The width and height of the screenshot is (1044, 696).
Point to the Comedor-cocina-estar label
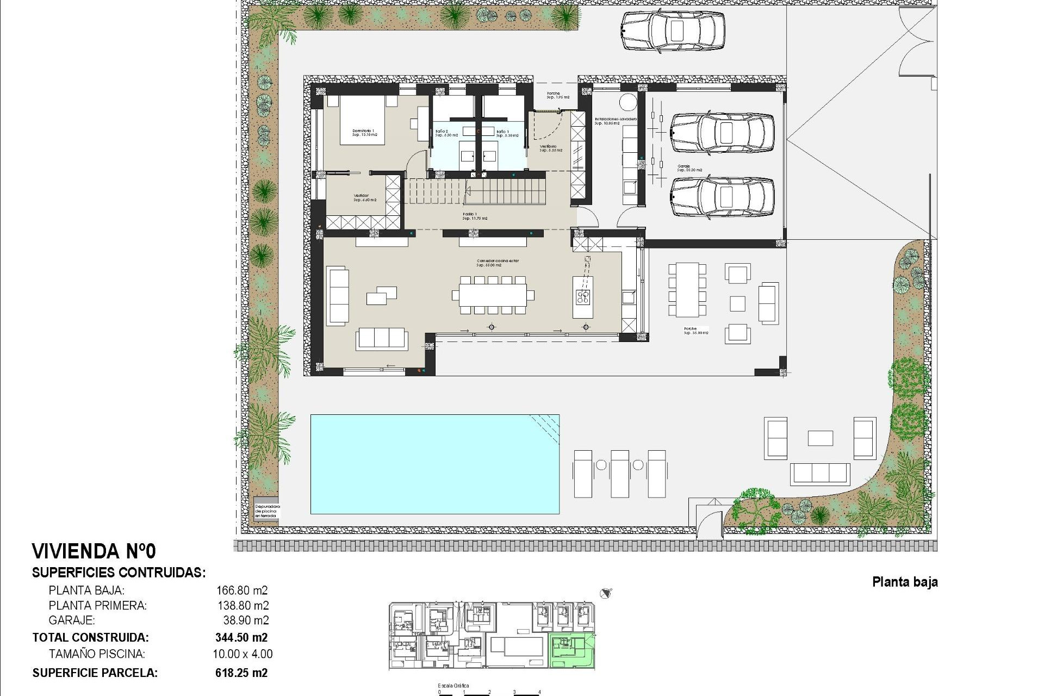497,263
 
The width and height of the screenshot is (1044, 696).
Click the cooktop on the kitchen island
583,297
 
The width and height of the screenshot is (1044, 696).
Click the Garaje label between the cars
684,167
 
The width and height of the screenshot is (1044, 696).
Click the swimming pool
434,464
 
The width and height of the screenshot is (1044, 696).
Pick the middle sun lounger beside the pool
620,473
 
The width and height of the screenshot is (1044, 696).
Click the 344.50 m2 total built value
241,637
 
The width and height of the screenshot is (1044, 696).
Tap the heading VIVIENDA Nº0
94,551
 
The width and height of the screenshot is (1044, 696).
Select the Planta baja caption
904,582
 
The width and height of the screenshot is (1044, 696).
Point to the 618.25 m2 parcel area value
241,673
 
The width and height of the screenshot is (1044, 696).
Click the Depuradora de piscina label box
267,511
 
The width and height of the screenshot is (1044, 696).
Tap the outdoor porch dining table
687,290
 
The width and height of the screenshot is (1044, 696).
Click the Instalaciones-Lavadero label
615,120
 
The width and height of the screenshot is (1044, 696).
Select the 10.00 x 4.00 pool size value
243,654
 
